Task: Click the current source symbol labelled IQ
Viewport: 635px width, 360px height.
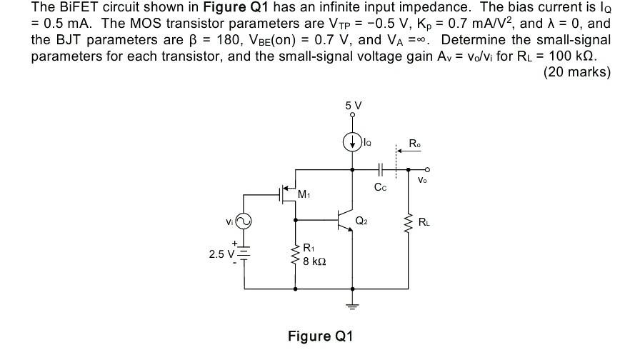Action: [x=352, y=142]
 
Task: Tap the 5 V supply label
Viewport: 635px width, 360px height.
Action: [x=353, y=106]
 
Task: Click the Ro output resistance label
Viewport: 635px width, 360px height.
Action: [x=415, y=144]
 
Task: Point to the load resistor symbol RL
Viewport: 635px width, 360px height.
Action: [x=409, y=224]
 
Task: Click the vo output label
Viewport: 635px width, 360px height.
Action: [x=423, y=181]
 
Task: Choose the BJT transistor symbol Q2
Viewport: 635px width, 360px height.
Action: [x=346, y=221]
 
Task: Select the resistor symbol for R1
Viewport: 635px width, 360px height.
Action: [x=296, y=255]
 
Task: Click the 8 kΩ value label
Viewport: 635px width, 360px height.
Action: [x=314, y=261]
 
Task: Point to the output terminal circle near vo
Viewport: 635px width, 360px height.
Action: [x=427, y=169]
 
